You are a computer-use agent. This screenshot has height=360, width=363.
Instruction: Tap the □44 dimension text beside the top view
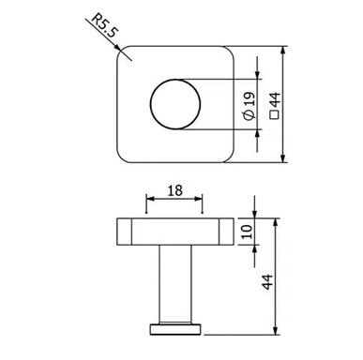275,103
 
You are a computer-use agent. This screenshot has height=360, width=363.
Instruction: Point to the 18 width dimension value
174,190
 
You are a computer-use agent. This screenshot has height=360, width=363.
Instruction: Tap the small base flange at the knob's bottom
174,330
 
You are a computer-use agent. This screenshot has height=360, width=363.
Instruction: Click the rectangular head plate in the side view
174,231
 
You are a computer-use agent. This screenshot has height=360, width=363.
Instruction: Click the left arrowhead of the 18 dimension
149,201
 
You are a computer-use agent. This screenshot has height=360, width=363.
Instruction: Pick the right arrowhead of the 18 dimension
200,201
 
